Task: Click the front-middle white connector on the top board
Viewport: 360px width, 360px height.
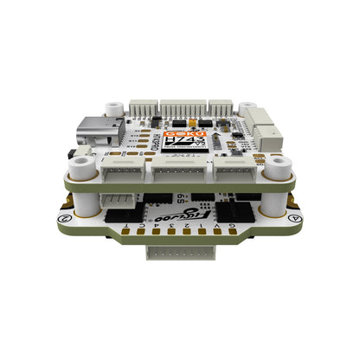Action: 179,171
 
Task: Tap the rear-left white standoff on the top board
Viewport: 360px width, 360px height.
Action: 112,110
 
